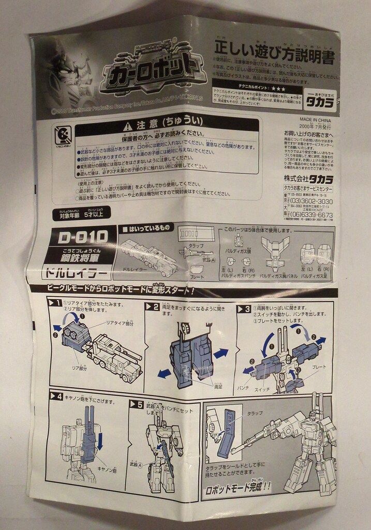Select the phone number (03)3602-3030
coord(319,201)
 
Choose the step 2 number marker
coord(152,307)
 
